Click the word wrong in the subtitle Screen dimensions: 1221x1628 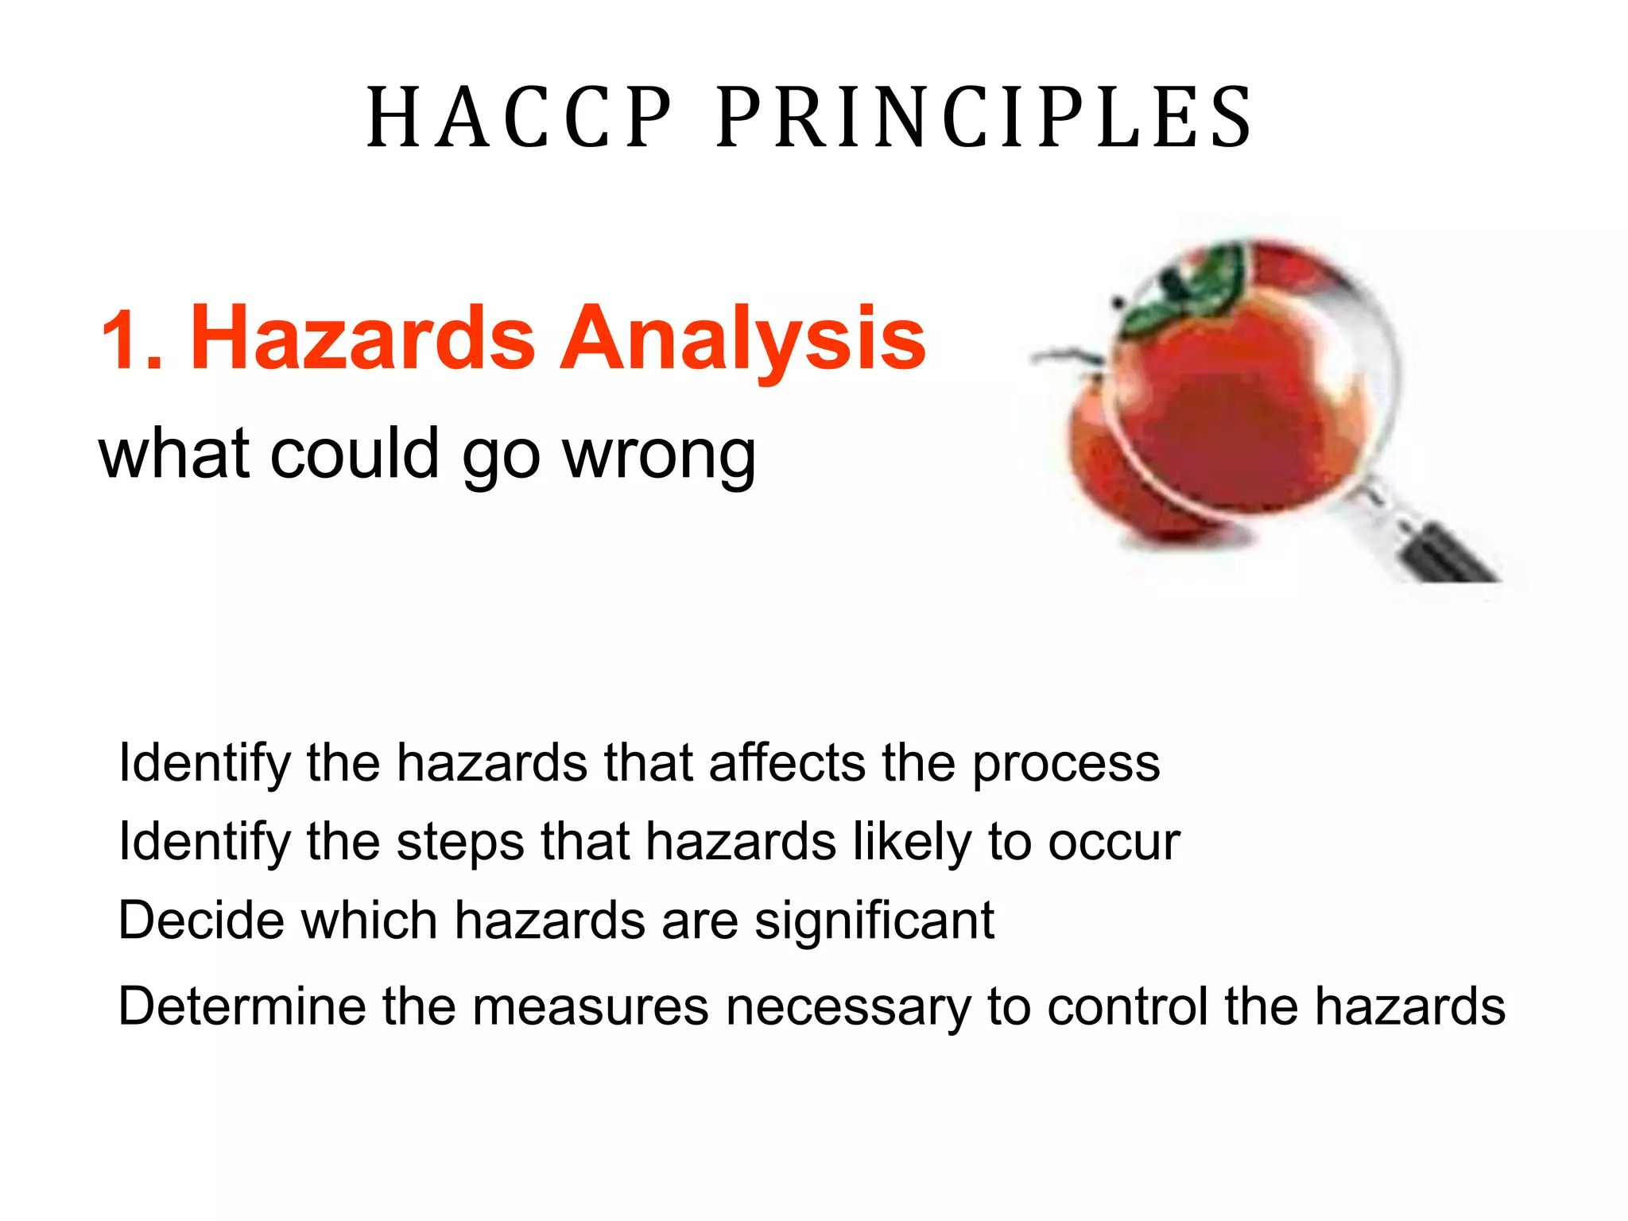click(659, 455)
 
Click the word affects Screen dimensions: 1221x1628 click(786, 763)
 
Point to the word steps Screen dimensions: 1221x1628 click(460, 843)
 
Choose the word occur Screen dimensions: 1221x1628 click(1114, 843)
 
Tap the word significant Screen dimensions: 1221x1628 click(874, 921)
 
